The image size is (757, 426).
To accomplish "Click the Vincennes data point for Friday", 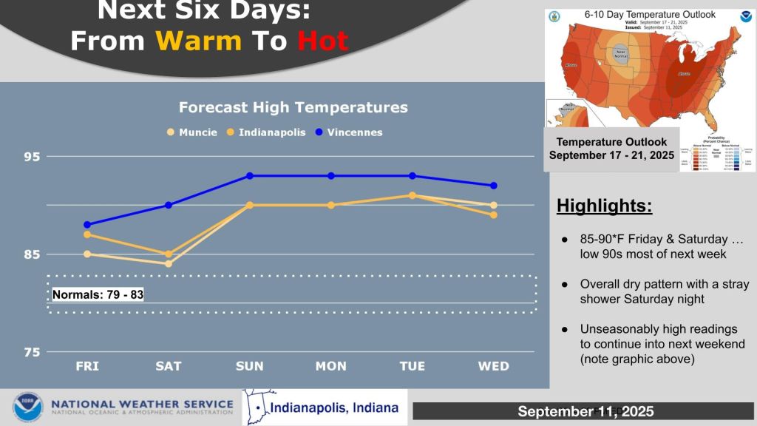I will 87,225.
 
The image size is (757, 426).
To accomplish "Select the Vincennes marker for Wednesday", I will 494,186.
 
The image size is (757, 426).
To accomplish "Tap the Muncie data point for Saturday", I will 169,263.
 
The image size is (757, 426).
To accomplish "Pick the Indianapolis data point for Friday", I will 87,234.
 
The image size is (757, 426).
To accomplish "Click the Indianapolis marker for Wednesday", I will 494,215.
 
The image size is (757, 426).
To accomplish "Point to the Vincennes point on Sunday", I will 250,176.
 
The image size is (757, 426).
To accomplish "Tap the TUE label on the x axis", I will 413,367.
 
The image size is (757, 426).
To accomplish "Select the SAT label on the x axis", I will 169,367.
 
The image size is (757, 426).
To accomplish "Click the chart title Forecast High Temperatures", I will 293,107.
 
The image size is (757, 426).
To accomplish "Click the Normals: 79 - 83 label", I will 98,294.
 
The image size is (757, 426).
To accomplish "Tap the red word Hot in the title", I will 322,41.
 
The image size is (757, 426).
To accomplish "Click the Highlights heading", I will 604,206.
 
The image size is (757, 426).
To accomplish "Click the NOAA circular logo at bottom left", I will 27,408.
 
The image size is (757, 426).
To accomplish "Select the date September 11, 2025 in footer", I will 585,411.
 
